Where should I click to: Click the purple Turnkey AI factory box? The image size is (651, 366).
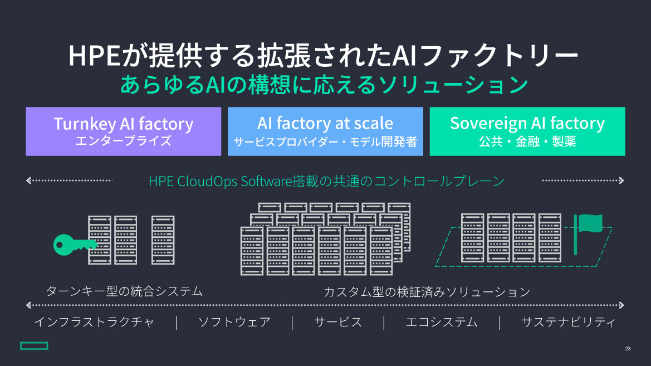pos(123,131)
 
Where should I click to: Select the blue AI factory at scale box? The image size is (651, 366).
pos(325,131)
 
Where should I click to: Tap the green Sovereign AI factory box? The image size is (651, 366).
pos(527,131)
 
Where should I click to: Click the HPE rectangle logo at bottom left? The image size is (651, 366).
pos(35,345)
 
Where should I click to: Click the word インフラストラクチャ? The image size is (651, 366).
pos(94,322)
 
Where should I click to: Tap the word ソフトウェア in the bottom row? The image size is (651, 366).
pos(234,322)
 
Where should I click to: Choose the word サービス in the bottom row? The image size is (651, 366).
pos(338,322)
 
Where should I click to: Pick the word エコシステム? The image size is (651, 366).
pos(442,322)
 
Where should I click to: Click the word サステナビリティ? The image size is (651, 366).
pos(568,322)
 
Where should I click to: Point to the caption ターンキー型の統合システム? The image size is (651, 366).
pos(124,291)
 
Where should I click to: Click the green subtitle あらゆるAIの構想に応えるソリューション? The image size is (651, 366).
pos(325,84)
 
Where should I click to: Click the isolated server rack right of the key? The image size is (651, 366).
pos(163,240)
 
